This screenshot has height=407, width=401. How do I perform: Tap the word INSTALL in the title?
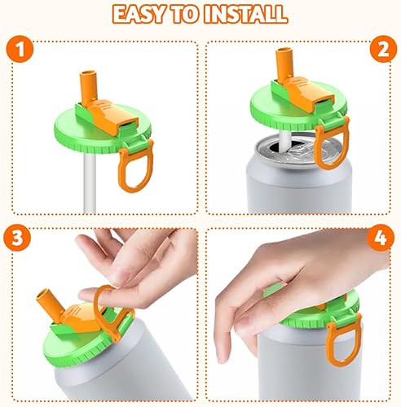pyautogui.click(x=245, y=14)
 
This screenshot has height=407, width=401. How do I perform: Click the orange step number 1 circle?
pyautogui.click(x=20, y=49)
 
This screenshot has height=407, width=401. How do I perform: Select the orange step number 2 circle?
pyautogui.click(x=383, y=49)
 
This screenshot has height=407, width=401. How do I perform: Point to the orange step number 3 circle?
pyautogui.click(x=17, y=238)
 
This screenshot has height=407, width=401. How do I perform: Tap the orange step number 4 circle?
pyautogui.click(x=381, y=238)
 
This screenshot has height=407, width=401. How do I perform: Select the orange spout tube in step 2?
pyautogui.click(x=284, y=63)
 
